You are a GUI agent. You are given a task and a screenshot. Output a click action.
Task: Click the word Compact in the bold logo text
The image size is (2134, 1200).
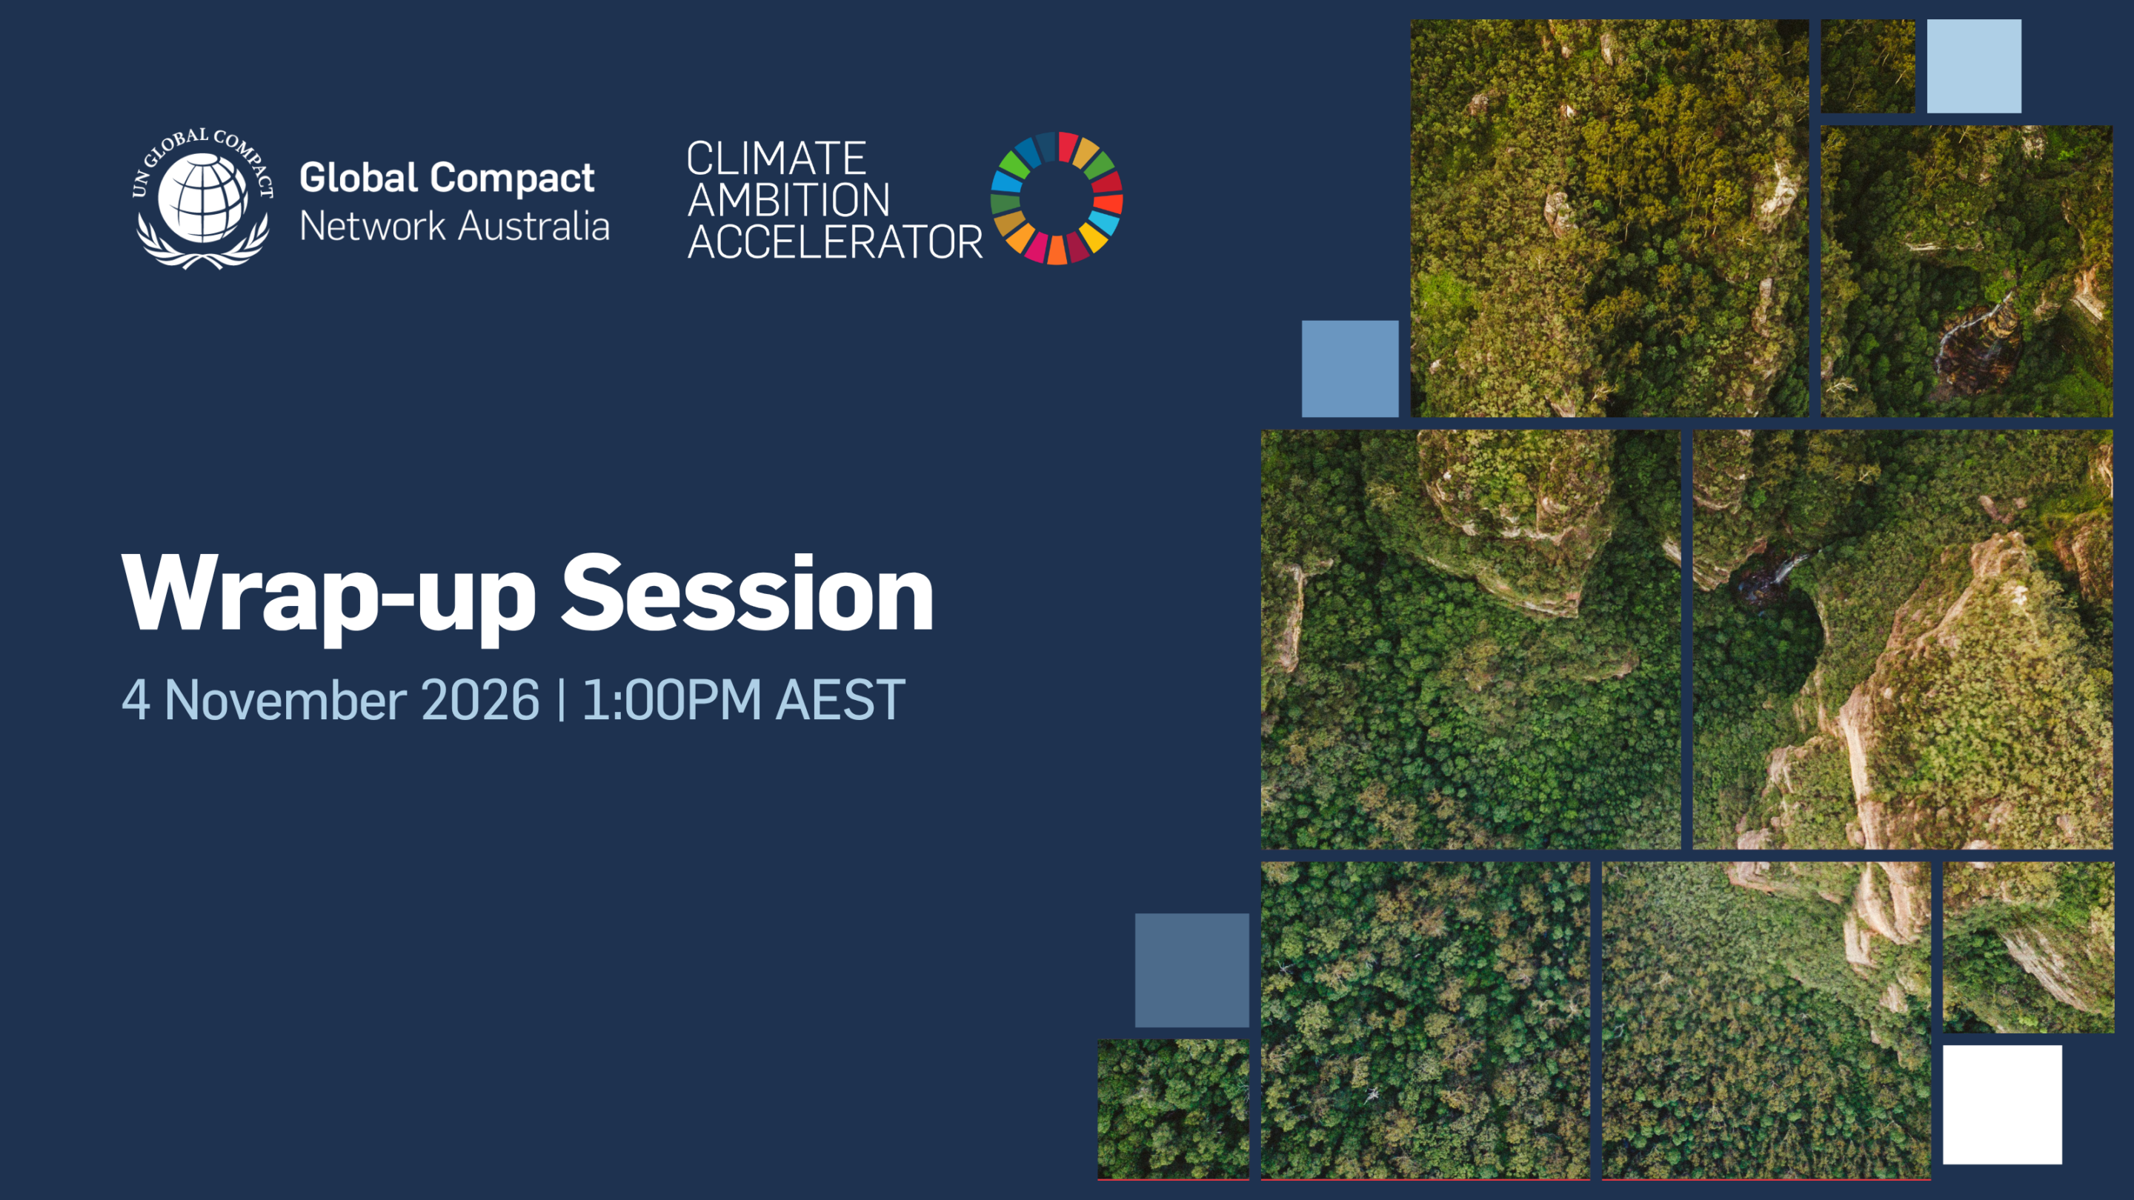click(512, 177)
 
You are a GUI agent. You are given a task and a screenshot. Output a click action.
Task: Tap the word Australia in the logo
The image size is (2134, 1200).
click(534, 226)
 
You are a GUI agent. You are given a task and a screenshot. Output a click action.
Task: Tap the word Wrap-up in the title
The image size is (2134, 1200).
click(328, 594)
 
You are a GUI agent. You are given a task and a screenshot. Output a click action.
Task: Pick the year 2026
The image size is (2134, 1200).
click(479, 701)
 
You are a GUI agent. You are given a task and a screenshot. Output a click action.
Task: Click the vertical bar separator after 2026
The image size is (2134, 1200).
click(562, 701)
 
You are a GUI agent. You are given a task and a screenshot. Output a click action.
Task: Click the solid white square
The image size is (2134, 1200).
click(2001, 1104)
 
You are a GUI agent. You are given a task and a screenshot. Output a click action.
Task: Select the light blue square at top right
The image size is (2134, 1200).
click(1973, 66)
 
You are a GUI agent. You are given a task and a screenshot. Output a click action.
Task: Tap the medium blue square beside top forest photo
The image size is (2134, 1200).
click(1349, 369)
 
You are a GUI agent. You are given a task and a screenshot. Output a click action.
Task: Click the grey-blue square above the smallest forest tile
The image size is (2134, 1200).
click(1191, 970)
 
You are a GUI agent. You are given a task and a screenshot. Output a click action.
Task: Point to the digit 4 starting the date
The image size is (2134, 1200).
click(136, 701)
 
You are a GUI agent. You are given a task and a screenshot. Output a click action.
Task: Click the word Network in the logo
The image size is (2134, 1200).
click(372, 226)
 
